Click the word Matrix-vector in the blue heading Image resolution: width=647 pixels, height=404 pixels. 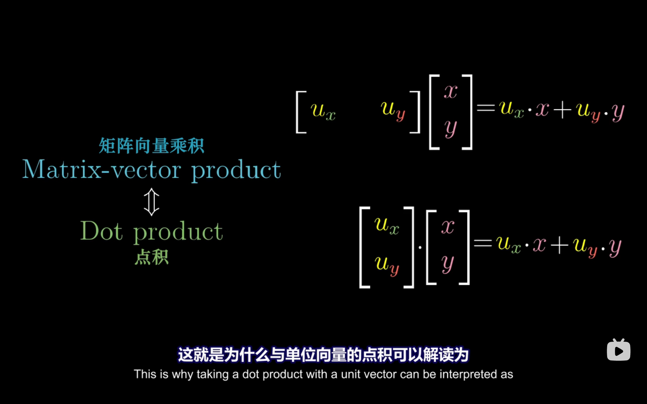[102, 170]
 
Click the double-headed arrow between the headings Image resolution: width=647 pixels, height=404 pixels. [151, 202]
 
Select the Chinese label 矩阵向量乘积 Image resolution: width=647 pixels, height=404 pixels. [151, 146]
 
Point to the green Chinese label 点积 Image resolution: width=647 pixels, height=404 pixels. [151, 257]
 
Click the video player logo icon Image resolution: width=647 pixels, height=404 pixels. [618, 350]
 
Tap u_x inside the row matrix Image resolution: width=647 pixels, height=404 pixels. [323, 111]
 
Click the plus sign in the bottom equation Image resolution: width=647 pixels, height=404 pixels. [559, 245]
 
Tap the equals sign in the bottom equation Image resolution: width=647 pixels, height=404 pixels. [483, 243]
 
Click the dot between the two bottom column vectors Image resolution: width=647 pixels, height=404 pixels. [420, 247]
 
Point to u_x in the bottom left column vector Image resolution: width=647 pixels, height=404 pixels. [387, 225]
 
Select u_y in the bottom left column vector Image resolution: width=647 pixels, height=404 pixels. [387, 264]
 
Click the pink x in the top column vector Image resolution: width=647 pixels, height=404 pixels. [451, 92]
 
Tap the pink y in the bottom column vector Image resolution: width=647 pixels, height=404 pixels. [448, 264]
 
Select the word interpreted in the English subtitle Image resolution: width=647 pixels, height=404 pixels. [468, 374]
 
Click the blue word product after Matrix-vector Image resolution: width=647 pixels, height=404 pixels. [236, 170]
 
